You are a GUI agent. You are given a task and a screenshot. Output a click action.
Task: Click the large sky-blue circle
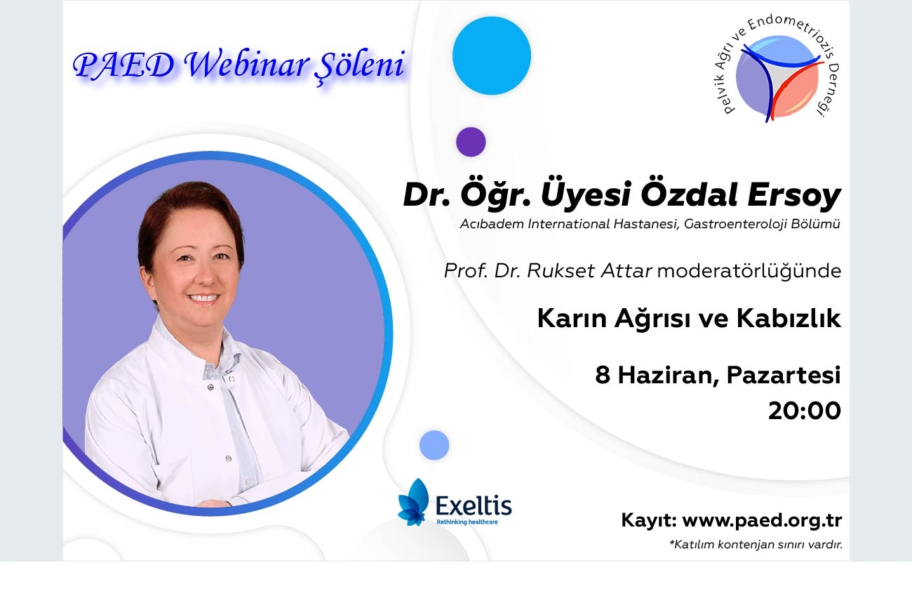click(491, 56)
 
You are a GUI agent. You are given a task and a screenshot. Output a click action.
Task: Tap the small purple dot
click(471, 142)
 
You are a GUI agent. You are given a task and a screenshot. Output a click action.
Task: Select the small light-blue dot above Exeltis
click(434, 445)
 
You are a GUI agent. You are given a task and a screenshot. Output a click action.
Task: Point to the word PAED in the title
click(124, 65)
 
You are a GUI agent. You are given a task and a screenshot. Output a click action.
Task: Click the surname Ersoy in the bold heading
click(794, 196)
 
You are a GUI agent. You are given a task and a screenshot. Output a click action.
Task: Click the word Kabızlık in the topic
click(789, 318)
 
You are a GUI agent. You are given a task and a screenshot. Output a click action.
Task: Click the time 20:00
click(805, 411)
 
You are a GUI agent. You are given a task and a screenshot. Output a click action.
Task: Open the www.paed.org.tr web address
click(762, 521)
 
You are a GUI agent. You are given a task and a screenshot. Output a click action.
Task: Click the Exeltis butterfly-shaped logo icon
click(413, 502)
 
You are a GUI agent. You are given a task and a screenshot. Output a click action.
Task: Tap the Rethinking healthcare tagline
click(467, 522)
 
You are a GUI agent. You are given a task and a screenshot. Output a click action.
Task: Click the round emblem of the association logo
click(777, 77)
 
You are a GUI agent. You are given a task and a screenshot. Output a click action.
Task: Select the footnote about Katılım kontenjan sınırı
click(756, 545)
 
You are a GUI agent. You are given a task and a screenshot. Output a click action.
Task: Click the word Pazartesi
click(784, 375)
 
